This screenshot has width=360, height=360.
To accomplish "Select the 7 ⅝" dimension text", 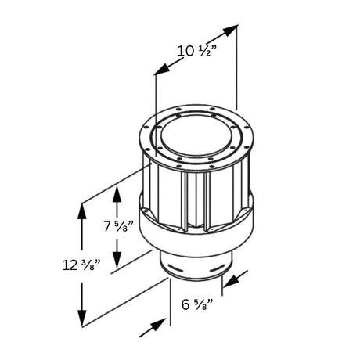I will click(118, 226).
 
